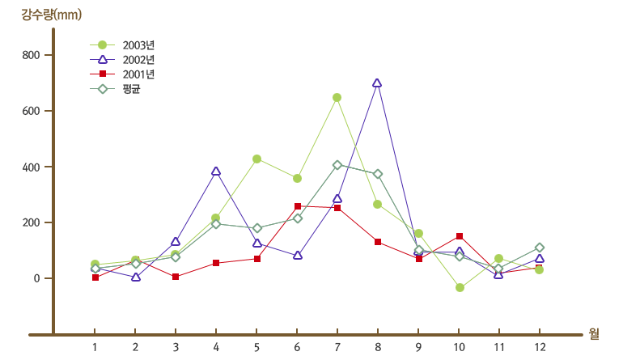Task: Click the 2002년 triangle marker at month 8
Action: point(377,83)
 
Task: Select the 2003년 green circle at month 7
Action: point(337,98)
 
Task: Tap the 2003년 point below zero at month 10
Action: point(460,287)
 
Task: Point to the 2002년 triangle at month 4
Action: point(216,172)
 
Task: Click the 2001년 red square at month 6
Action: point(297,206)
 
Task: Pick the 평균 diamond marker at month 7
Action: point(337,165)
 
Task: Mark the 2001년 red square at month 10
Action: point(459,236)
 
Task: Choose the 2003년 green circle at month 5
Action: point(256,159)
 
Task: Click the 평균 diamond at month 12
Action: point(540,248)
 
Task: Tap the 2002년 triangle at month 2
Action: point(135,277)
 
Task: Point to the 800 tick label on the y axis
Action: point(32,55)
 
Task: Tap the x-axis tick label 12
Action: point(540,347)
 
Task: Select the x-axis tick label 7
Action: point(337,347)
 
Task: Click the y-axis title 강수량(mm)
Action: point(51,14)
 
